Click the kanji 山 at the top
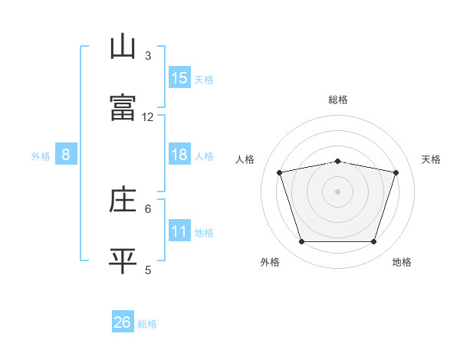coord(123,47)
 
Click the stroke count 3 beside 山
coord(148,56)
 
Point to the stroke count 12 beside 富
coord(148,117)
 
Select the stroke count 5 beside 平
coord(148,270)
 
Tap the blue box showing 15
coord(179,78)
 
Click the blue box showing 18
coord(179,155)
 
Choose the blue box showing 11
coord(179,231)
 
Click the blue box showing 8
coord(66,155)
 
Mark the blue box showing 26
coord(123,322)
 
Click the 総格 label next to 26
coord(147,324)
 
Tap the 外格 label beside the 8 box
coord(41,156)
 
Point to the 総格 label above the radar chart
coord(337,100)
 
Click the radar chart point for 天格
coord(396,172)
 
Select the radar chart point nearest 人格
coord(280,172)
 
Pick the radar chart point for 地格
coord(373,241)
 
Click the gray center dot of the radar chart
coord(337,191)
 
